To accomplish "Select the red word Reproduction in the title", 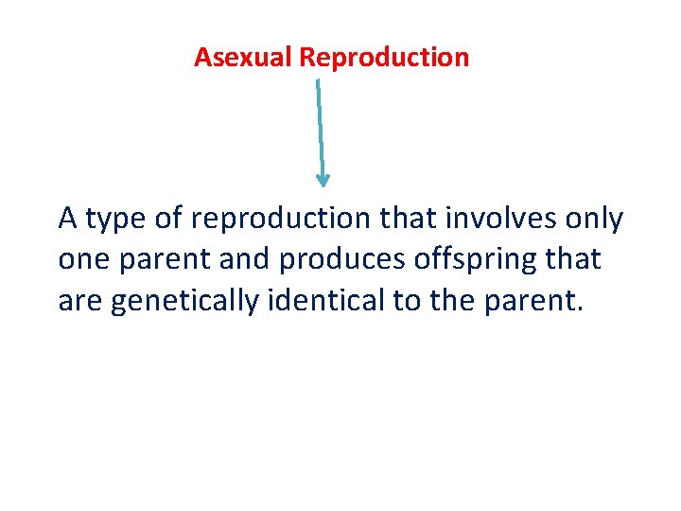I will [384, 58].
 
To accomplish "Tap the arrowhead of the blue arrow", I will [323, 179].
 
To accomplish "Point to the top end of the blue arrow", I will [317, 81].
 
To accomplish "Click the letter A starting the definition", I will [67, 219].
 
